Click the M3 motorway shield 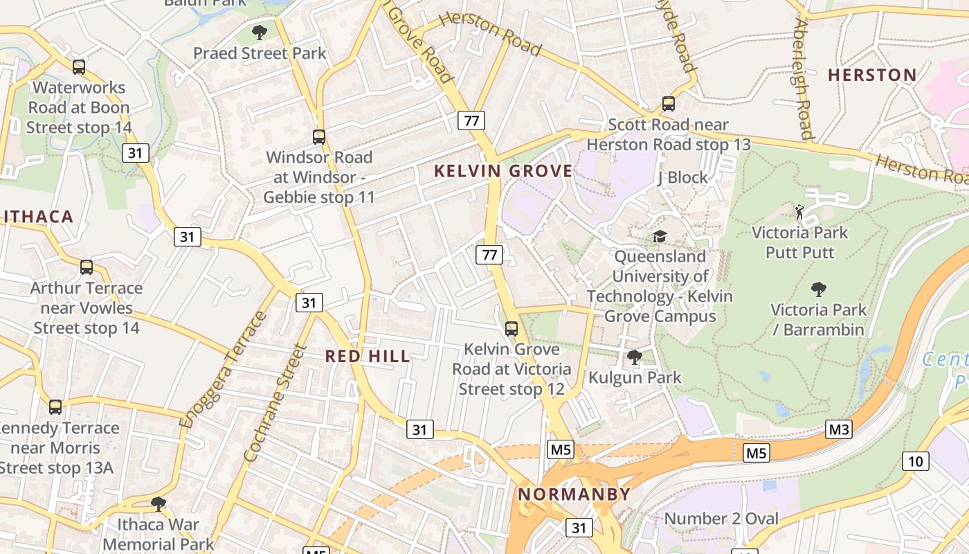[839, 429]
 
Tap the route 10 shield [915, 461]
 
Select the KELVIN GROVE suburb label [503, 171]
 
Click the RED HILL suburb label [368, 357]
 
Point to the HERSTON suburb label [872, 75]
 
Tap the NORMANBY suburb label [574, 494]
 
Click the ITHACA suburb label [38, 217]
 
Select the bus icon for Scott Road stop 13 [668, 104]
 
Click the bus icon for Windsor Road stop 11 [318, 136]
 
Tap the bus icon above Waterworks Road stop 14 [79, 66]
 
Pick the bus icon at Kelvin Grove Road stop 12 [511, 328]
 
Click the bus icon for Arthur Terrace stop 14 [87, 267]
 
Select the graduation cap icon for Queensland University [660, 237]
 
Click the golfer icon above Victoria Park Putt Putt [799, 211]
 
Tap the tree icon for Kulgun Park [634, 357]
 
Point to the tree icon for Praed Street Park [260, 32]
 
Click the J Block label [682, 178]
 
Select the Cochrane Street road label [275, 403]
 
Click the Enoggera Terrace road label [223, 370]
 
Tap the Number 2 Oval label [721, 519]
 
